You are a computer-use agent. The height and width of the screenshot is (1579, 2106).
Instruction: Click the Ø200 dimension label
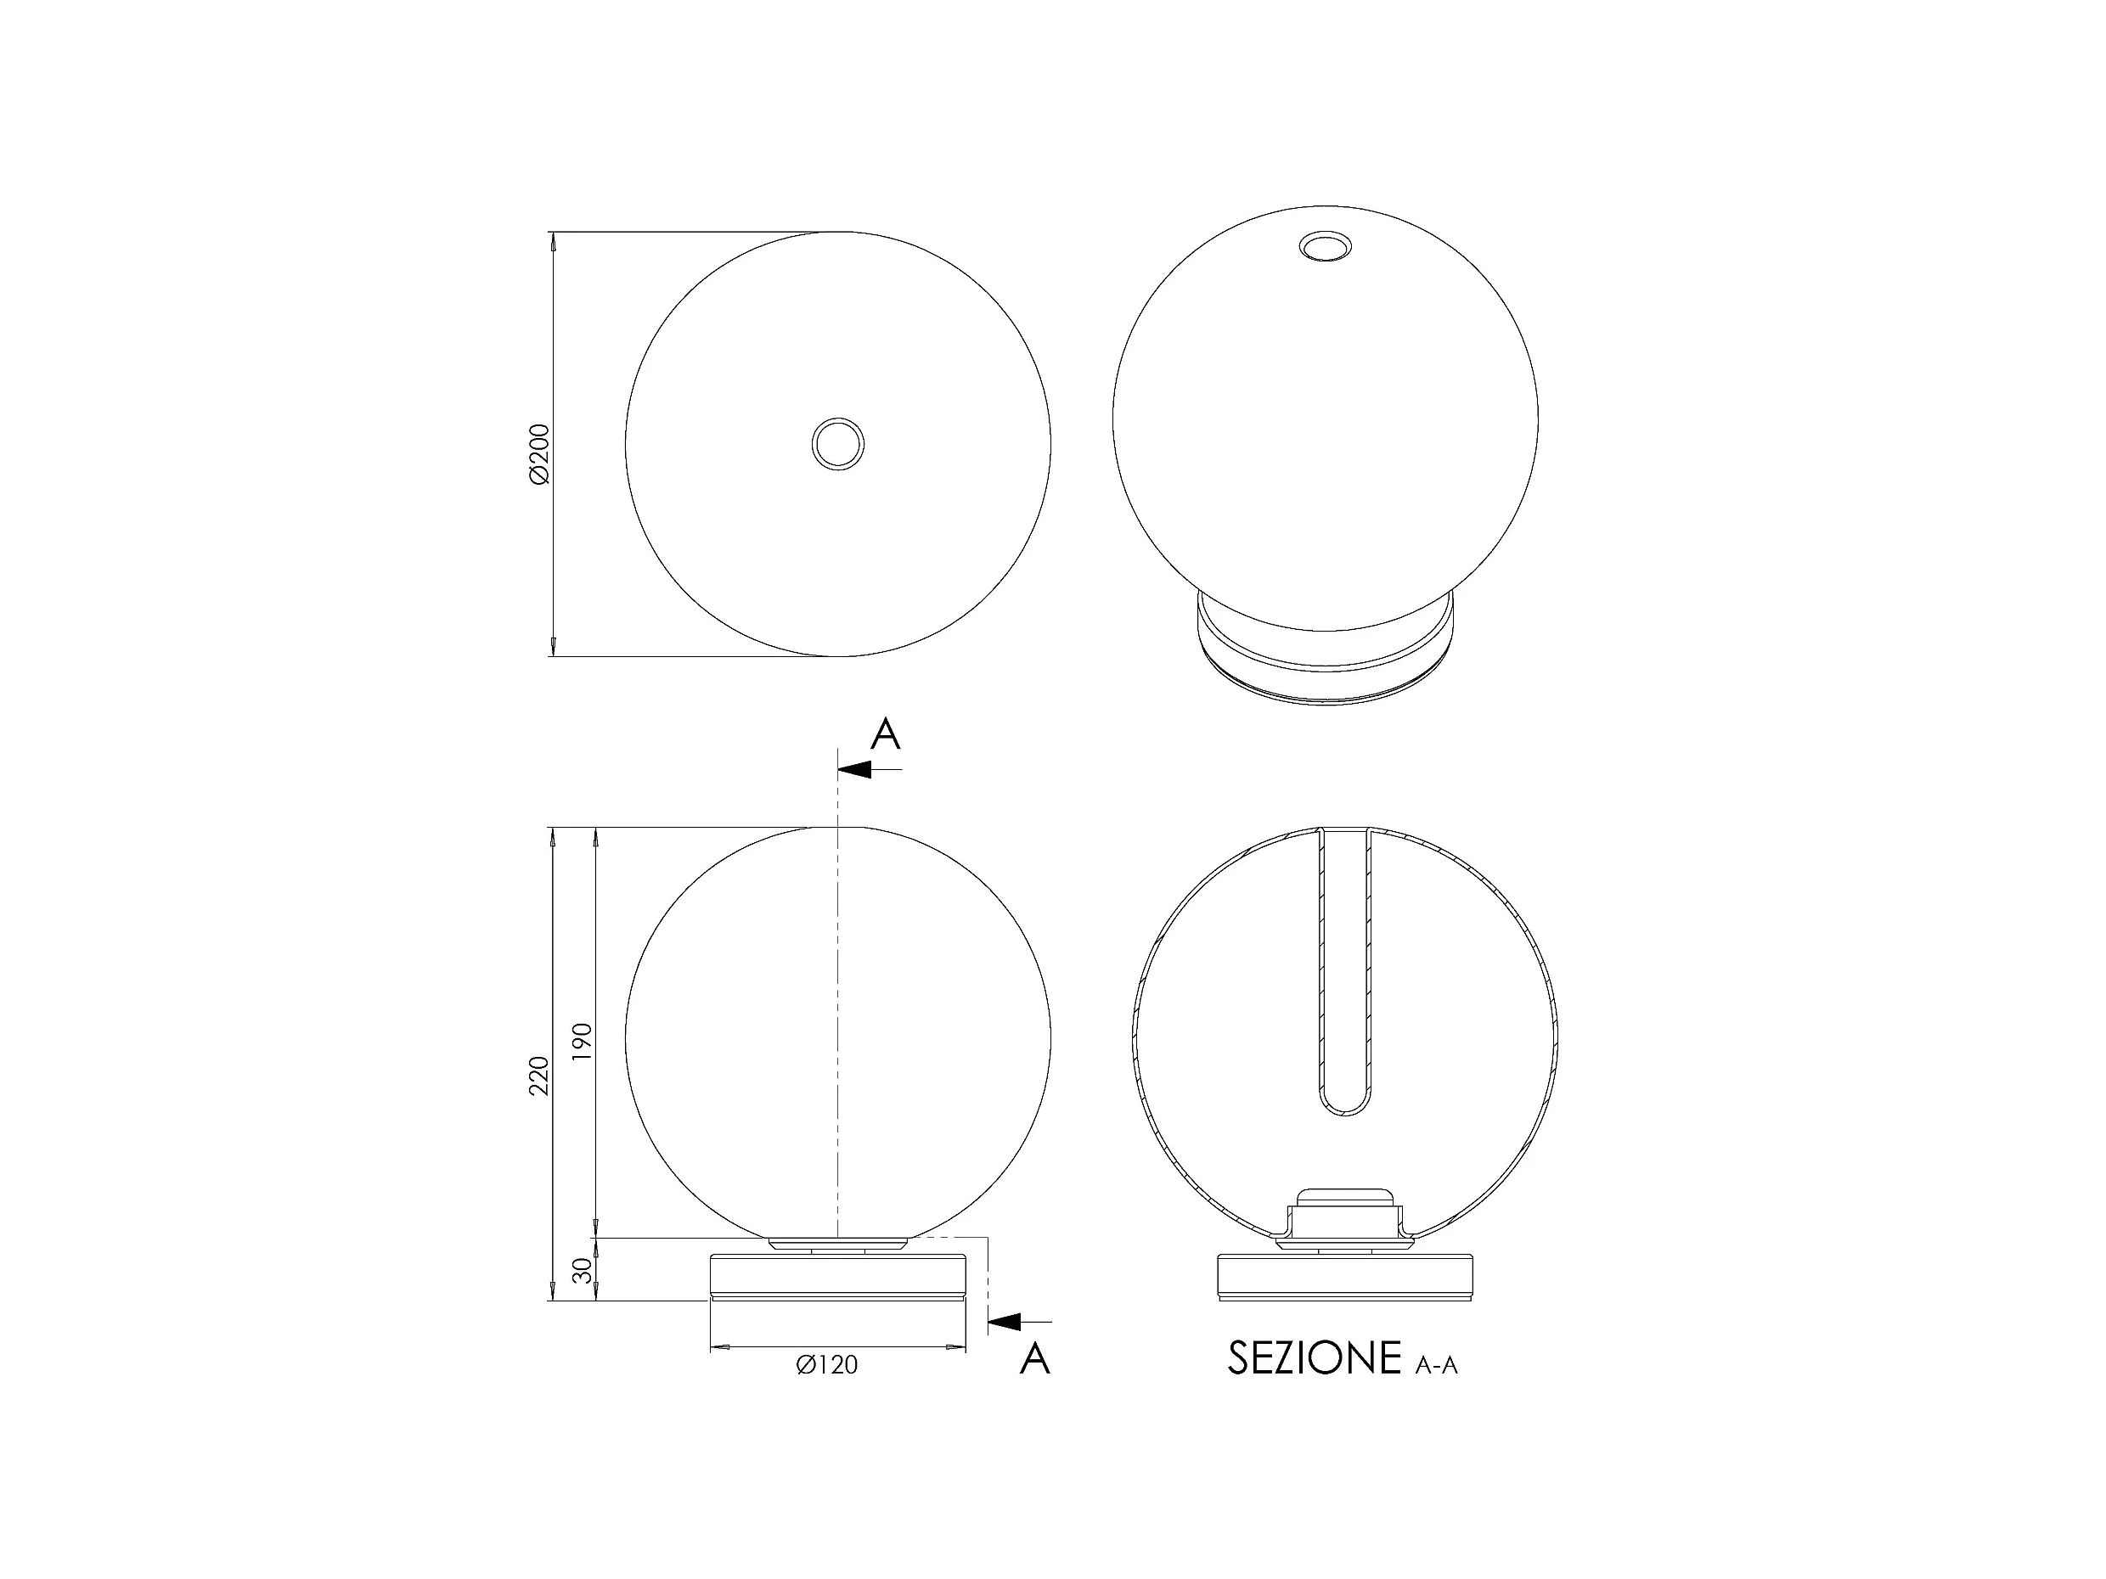click(x=540, y=454)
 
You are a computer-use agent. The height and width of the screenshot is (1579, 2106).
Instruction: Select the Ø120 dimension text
click(x=827, y=1365)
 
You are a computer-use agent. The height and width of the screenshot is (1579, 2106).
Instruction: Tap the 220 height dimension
click(x=539, y=1075)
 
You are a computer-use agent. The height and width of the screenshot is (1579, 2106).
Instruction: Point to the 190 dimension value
click(x=583, y=1042)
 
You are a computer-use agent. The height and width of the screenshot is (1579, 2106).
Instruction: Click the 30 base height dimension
click(x=583, y=1270)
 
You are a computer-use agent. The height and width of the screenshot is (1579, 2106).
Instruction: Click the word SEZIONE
click(x=1315, y=1358)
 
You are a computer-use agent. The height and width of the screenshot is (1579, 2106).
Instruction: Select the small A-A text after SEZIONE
click(x=1437, y=1366)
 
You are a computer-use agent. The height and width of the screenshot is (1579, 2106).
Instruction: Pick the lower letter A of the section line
click(x=1035, y=1358)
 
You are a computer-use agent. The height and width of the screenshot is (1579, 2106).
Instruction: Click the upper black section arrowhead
click(x=854, y=769)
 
